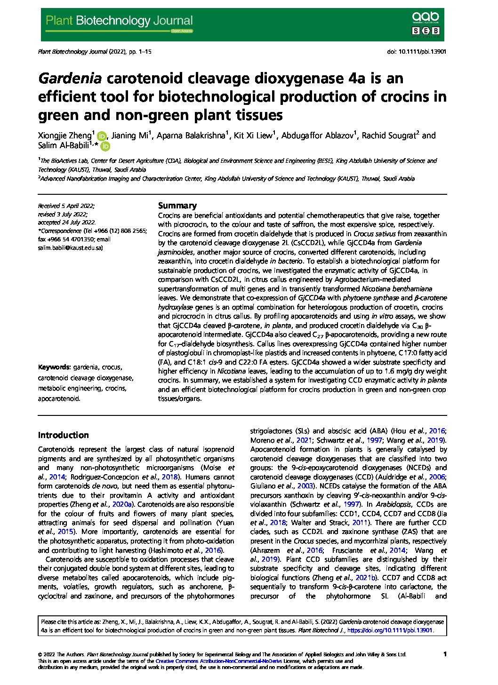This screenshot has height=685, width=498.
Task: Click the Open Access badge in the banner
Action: point(182,31)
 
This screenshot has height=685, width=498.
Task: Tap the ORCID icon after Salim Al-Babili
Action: point(105,146)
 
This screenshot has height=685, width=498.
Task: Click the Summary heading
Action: point(177,206)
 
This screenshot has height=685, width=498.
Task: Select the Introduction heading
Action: point(63,435)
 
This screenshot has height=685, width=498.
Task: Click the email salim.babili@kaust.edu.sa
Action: point(70,247)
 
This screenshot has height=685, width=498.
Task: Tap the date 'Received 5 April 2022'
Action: point(66,206)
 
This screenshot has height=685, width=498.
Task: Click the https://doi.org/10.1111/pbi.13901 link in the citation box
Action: point(390,630)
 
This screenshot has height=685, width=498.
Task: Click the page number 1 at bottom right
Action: point(445,654)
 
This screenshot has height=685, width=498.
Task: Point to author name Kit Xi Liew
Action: point(255,135)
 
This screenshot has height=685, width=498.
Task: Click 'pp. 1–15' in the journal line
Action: point(137,52)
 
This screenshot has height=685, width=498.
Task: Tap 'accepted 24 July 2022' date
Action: point(67,223)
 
